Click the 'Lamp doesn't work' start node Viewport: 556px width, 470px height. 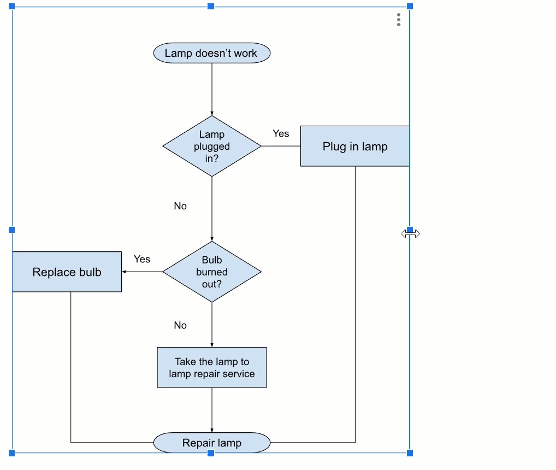(211, 54)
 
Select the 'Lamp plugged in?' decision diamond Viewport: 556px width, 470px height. (212, 146)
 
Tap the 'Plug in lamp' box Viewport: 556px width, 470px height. (354, 146)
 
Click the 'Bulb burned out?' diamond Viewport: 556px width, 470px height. (212, 272)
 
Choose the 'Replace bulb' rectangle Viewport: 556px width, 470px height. (67, 272)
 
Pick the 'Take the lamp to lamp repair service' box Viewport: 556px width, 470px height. (212, 368)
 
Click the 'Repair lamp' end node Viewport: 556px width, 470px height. (212, 443)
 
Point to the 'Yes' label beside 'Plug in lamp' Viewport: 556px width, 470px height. (281, 134)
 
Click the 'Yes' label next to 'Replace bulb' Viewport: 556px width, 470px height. (142, 260)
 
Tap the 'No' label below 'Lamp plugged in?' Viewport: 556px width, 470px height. (180, 206)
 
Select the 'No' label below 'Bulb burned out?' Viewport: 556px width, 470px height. (180, 325)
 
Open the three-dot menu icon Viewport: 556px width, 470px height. (399, 20)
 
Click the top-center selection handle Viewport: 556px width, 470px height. (211, 7)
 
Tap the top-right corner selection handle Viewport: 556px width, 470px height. (410, 7)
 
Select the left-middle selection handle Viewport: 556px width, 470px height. (12, 230)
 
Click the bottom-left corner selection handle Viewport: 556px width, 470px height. (12, 453)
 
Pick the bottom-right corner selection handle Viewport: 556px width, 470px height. (410, 453)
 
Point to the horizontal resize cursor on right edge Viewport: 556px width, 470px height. (410, 233)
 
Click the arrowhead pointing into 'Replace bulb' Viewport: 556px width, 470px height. (125, 272)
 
